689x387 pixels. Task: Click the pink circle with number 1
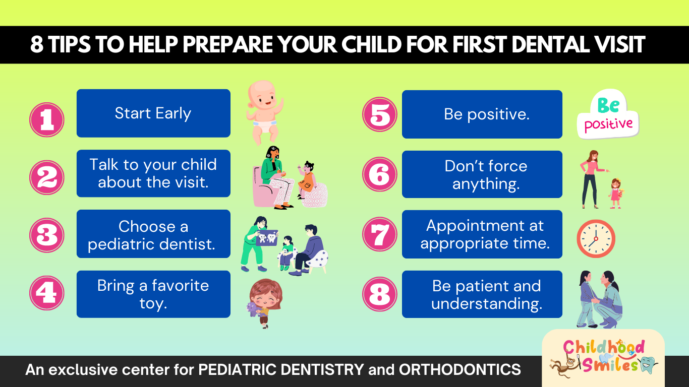47,119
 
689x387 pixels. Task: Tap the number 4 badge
47,293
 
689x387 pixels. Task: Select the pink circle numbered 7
380,234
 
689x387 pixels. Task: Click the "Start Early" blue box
153,113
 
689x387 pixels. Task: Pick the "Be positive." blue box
482,114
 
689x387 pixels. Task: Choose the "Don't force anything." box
482,174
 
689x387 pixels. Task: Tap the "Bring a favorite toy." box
153,294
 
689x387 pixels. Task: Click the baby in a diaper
264,112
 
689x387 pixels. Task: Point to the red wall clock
596,238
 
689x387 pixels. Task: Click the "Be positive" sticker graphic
608,114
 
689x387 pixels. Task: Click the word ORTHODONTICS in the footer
460,369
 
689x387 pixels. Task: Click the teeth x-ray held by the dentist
267,238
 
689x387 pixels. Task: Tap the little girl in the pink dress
616,193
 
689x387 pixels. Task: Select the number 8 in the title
37,44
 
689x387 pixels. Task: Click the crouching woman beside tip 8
607,300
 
